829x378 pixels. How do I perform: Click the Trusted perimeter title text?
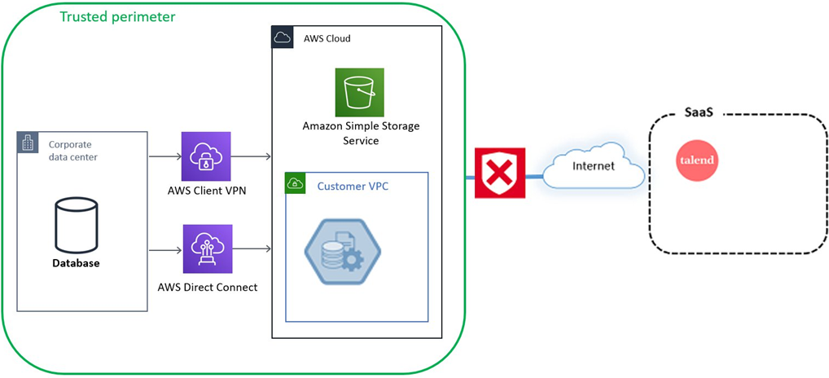117,16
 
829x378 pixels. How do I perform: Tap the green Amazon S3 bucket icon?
359,92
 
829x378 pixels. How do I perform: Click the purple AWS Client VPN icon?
206,156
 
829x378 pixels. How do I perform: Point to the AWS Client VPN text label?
206,191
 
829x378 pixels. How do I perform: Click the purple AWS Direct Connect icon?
206,249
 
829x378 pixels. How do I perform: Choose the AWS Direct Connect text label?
207,287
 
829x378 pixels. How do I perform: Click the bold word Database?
76,263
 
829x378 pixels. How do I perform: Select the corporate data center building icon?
29,143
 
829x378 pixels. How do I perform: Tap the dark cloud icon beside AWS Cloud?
283,37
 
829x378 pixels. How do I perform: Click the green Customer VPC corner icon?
295,183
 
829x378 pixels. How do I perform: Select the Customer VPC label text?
353,187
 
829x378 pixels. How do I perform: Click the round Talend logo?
696,160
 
